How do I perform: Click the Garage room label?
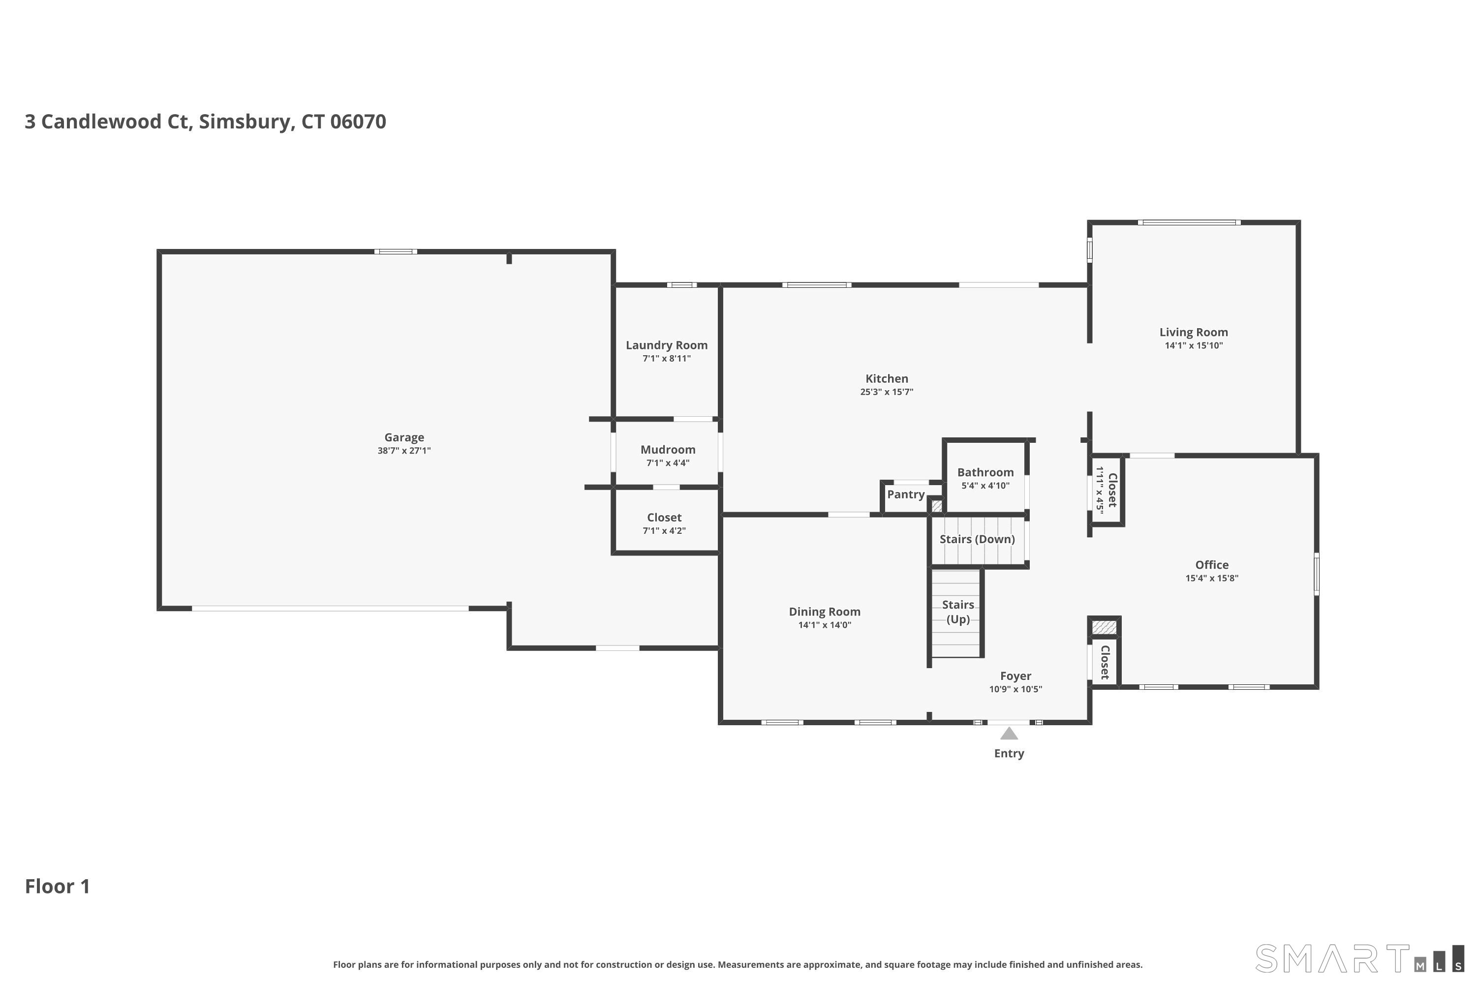[x=404, y=437]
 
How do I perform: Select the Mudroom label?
[x=668, y=449]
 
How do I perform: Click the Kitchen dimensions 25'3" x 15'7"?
[x=886, y=392]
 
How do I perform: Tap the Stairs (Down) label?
[x=977, y=539]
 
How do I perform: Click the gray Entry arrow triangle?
[x=1009, y=734]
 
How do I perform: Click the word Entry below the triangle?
[x=1009, y=753]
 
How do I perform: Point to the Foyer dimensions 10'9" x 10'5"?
[x=1015, y=689]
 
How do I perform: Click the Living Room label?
[x=1193, y=332]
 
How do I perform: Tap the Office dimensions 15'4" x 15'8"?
[x=1211, y=578]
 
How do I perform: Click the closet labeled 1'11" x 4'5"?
[x=1107, y=490]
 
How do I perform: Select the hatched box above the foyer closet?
[x=1104, y=627]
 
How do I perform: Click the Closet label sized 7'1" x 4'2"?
[x=664, y=517]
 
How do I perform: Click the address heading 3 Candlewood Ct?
[x=205, y=121]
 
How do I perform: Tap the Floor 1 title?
[x=57, y=886]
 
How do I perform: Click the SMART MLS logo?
[x=1358, y=958]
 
